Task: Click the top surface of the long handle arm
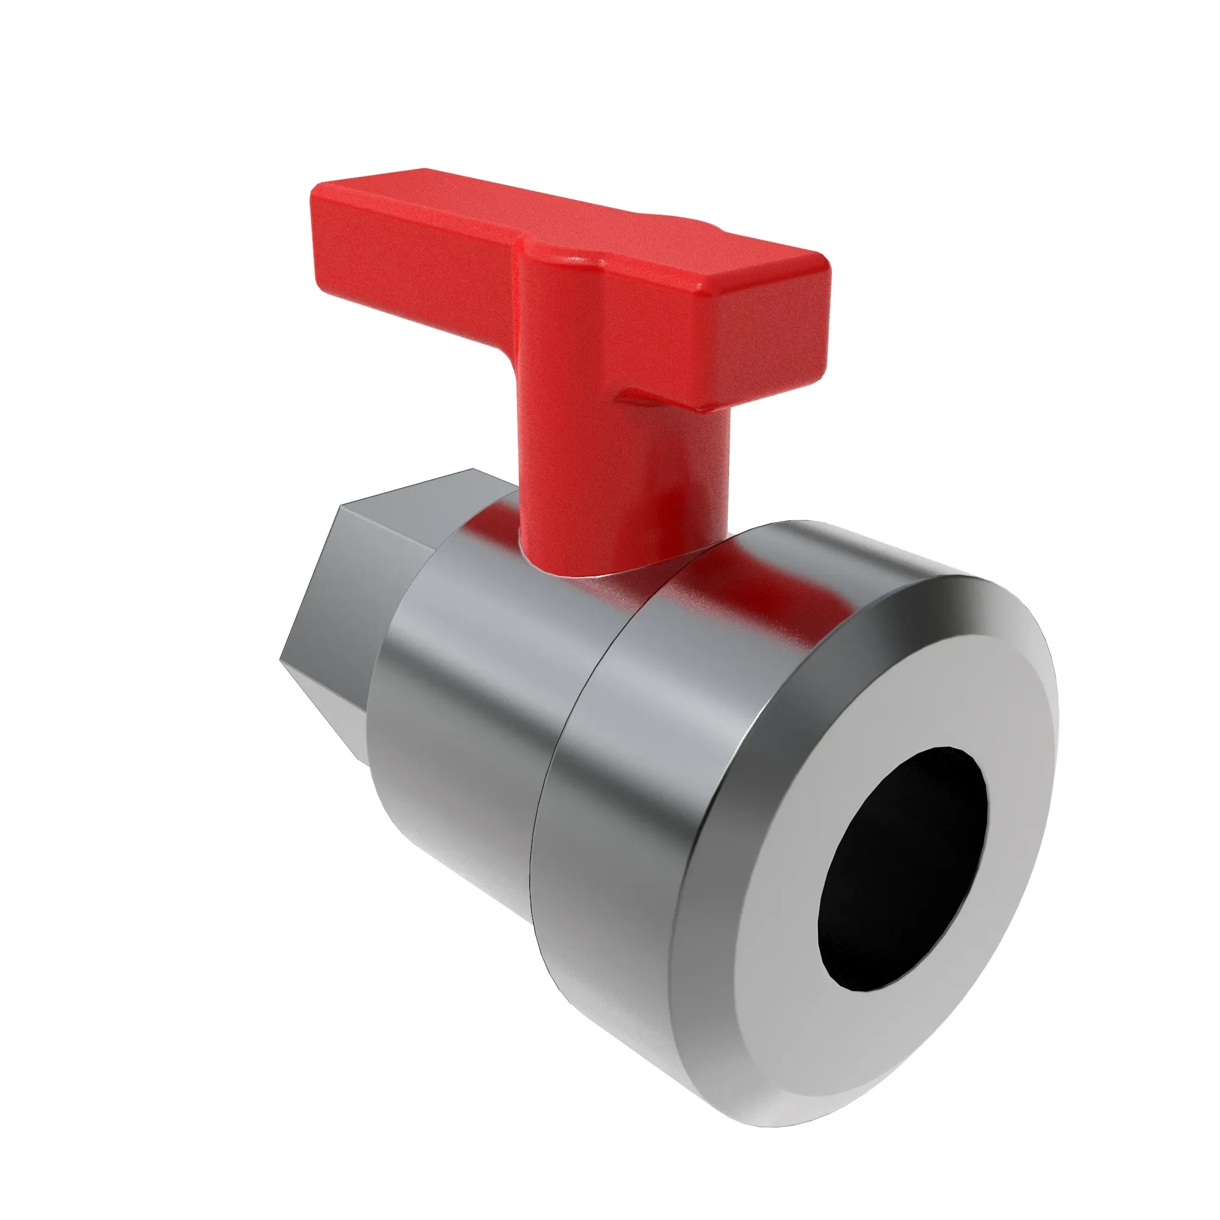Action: pos(442,202)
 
